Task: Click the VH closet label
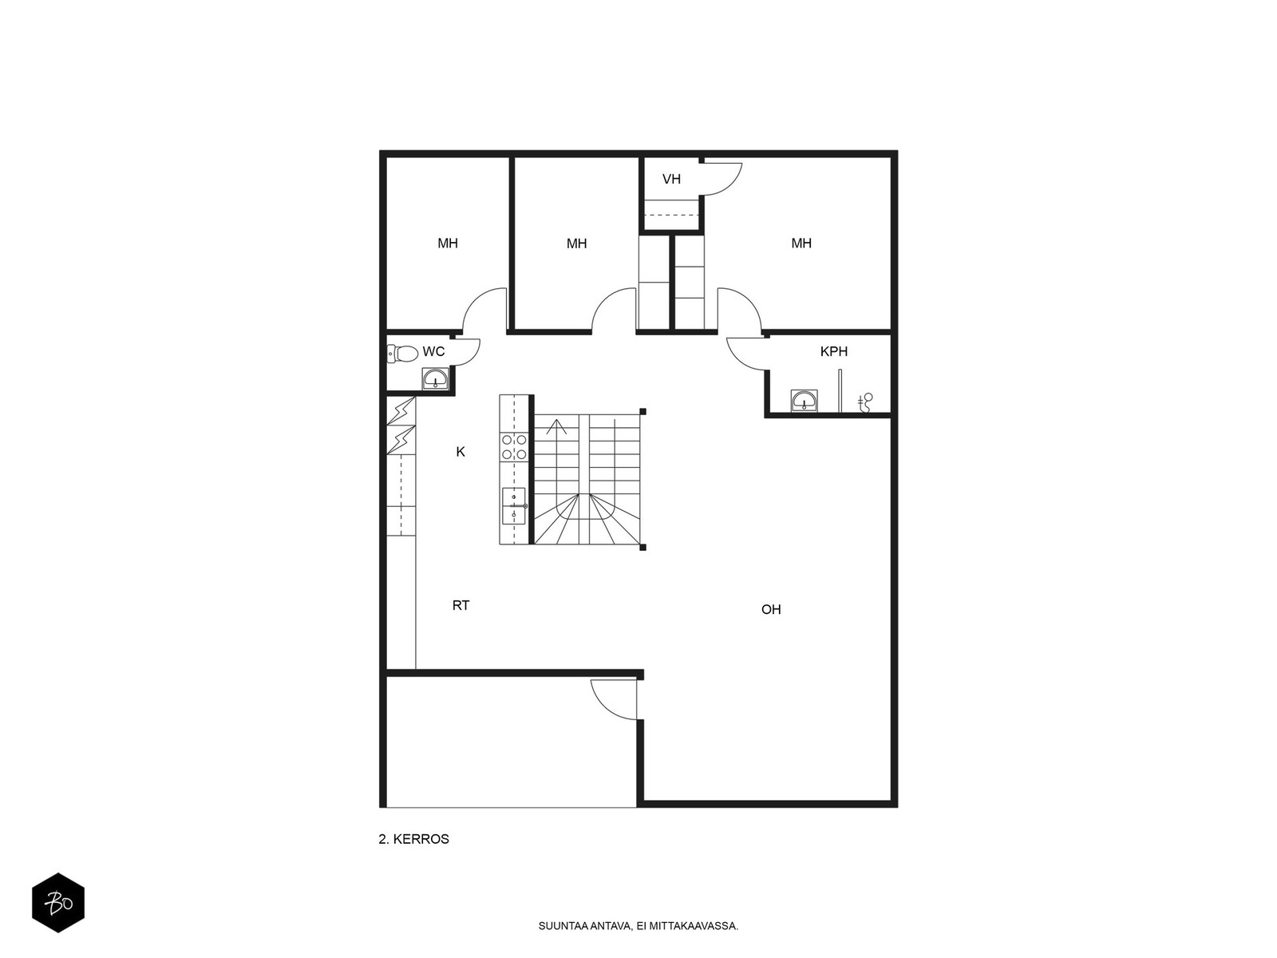point(670,179)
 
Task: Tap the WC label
point(433,351)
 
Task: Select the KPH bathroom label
point(833,351)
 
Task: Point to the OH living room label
point(771,610)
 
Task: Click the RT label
point(461,605)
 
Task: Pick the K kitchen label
point(461,452)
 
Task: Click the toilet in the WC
point(402,353)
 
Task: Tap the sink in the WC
point(435,378)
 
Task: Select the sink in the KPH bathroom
point(804,401)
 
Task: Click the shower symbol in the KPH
point(865,402)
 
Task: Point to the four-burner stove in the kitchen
point(514,447)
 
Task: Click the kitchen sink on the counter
point(514,506)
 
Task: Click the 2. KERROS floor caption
point(413,839)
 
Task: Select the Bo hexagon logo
point(58,903)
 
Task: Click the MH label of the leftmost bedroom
point(448,243)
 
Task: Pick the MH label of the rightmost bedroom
point(801,243)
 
